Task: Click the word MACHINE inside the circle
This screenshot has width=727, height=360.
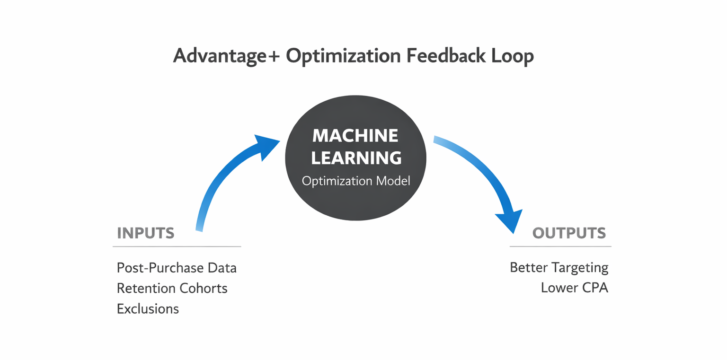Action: (355, 136)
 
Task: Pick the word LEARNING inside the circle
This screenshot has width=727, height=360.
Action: (356, 158)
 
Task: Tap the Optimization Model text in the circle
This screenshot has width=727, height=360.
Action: (356, 182)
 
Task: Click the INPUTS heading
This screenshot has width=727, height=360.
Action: (145, 233)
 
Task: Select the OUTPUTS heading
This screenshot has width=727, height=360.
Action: (569, 233)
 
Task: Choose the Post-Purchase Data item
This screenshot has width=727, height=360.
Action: (177, 268)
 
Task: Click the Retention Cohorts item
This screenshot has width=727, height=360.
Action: (172, 288)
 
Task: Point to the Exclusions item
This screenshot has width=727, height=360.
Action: (148, 309)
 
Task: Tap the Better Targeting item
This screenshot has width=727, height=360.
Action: (559, 268)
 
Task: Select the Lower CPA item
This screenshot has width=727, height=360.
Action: (575, 288)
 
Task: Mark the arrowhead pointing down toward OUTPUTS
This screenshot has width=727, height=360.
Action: (510, 220)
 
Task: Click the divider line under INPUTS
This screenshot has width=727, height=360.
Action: (177, 246)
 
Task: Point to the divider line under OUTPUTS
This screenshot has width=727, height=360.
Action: (560, 246)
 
